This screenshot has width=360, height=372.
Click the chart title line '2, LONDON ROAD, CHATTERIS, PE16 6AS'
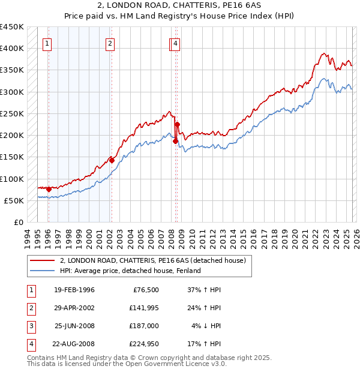point(179,6)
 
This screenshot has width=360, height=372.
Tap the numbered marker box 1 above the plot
point(47,43)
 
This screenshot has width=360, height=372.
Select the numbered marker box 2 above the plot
point(110,43)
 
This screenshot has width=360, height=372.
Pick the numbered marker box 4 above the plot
point(175,43)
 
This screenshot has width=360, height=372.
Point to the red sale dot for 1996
point(49,189)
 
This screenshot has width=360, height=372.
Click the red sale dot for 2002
point(112,161)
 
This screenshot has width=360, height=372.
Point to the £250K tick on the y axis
point(13,113)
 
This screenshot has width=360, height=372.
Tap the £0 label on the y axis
point(19,222)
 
